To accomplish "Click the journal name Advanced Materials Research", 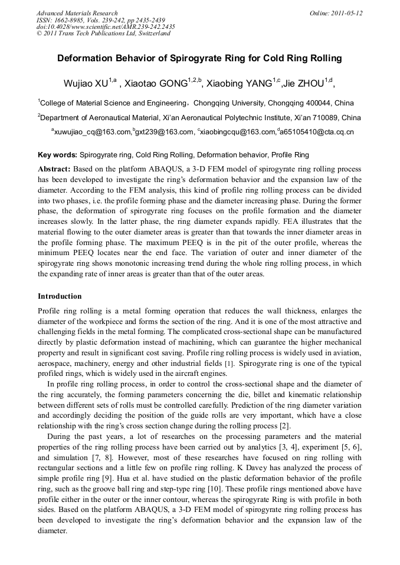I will click(77, 13).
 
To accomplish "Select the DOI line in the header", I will click(106, 27).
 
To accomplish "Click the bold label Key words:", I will click(57, 156).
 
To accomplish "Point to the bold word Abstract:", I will click(54, 168).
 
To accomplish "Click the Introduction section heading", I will click(60, 296).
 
